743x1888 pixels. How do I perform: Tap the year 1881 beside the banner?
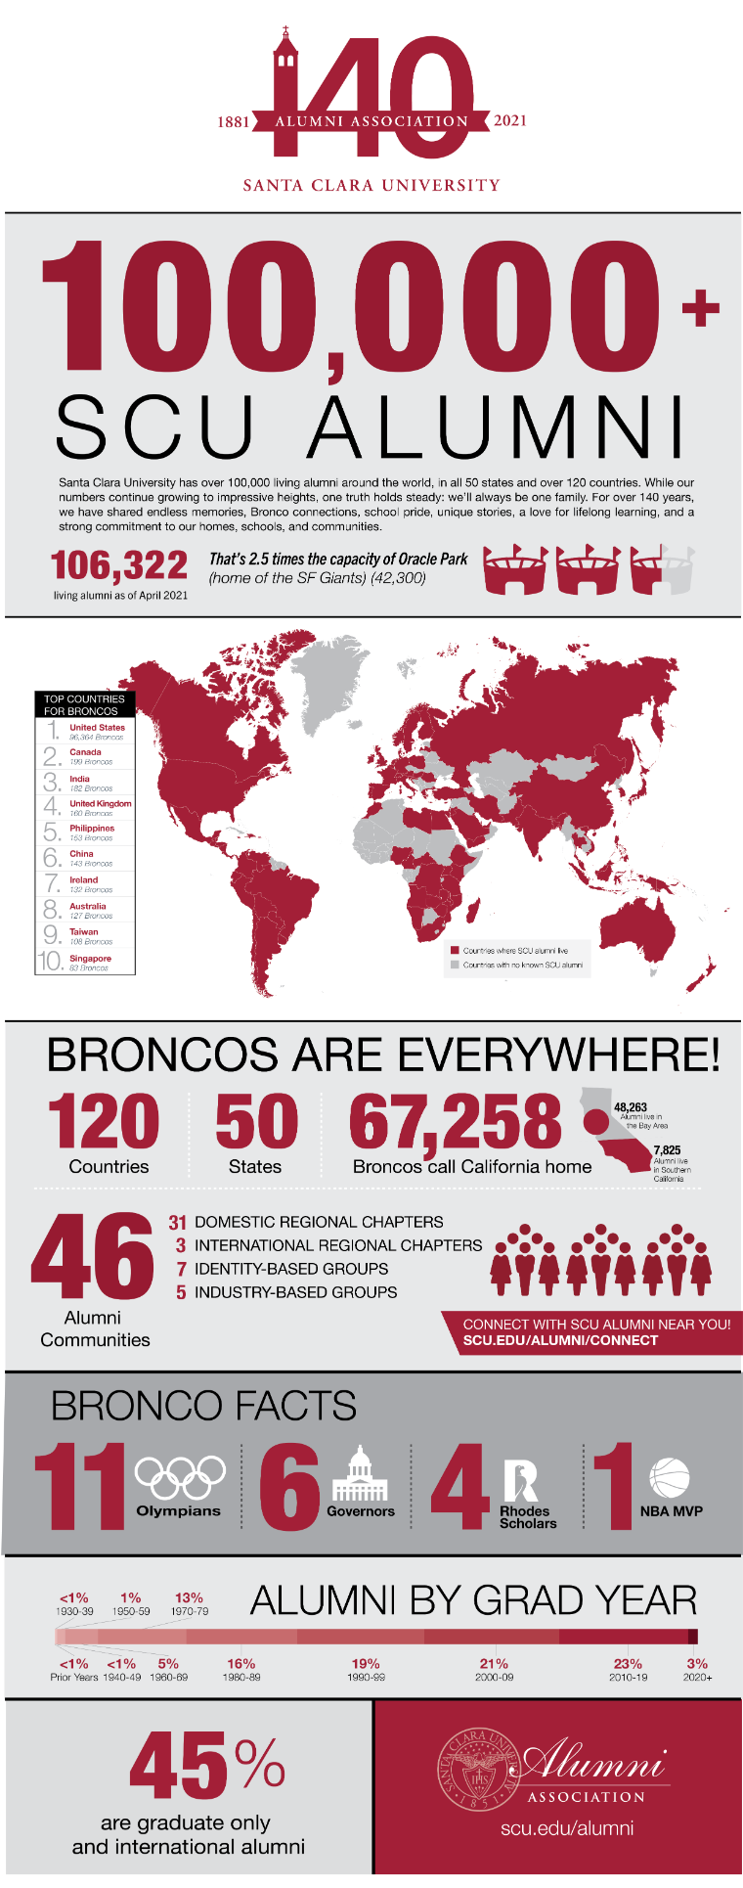233,122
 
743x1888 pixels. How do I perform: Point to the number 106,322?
119,565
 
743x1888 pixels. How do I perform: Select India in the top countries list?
79,779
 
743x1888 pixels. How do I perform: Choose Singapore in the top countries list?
90,959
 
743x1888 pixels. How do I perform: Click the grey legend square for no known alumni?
455,965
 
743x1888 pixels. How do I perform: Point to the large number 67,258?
456,1121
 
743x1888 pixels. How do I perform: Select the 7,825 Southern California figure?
667,1150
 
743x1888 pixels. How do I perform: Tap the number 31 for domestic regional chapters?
177,1222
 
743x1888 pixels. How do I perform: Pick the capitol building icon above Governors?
360,1475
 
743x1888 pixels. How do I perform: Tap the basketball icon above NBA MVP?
670,1477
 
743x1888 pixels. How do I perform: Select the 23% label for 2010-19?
628,1663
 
